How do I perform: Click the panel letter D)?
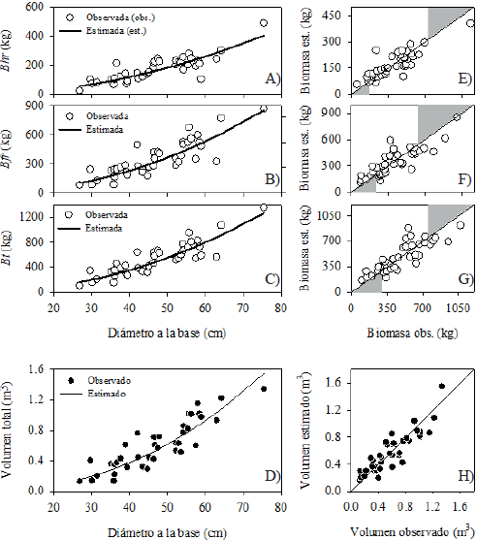click(x=270, y=474)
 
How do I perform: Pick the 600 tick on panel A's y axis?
click(x=43, y=7)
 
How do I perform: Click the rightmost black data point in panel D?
click(x=264, y=389)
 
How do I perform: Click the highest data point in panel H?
click(x=441, y=386)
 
